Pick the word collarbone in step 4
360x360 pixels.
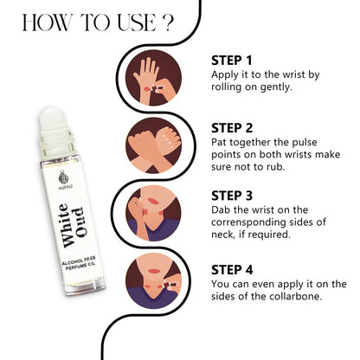(289, 297)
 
